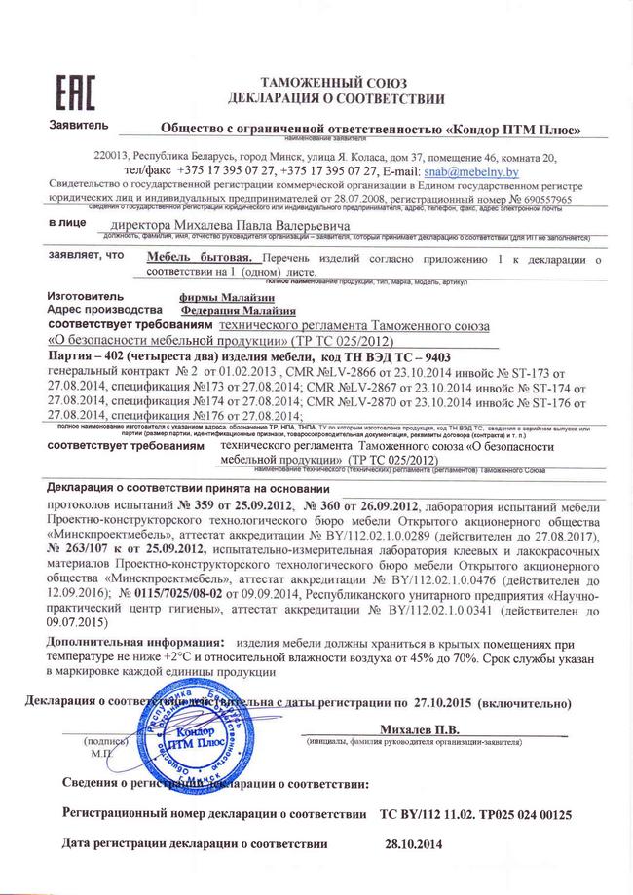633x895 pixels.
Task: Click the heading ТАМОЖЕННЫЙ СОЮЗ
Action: click(x=336, y=83)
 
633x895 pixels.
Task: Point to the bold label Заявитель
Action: click(x=75, y=127)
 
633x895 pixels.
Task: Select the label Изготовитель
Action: click(x=86, y=295)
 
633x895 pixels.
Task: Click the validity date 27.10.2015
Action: click(x=444, y=702)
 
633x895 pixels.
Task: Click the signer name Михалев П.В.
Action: click(x=418, y=727)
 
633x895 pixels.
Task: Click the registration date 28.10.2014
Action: click(x=413, y=844)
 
